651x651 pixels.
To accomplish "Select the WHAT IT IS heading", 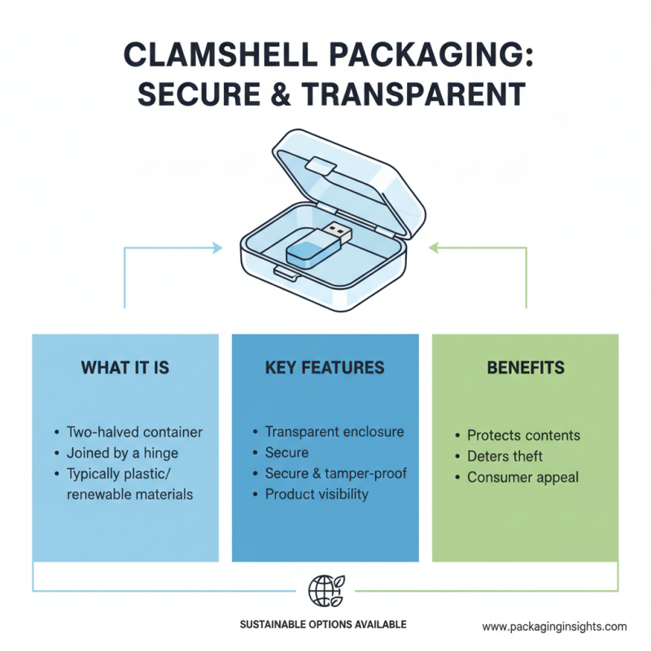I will click(x=125, y=368).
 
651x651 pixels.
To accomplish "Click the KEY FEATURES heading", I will click(x=325, y=368).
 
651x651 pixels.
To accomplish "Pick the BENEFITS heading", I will click(x=525, y=368).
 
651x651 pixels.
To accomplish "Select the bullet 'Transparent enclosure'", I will click(x=334, y=431).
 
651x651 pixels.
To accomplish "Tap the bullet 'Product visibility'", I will click(x=317, y=494).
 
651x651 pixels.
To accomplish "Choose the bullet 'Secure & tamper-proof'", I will click(x=335, y=474).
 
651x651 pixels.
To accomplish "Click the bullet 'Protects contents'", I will click(x=523, y=435).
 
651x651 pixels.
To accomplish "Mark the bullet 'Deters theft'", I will click(x=505, y=457).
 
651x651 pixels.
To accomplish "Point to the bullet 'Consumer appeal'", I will click(x=522, y=478).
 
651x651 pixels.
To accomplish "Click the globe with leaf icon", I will click(x=325, y=589).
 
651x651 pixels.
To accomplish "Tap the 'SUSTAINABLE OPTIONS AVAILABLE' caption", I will click(x=323, y=625).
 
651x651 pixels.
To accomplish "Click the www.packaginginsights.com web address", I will click(x=554, y=627).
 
